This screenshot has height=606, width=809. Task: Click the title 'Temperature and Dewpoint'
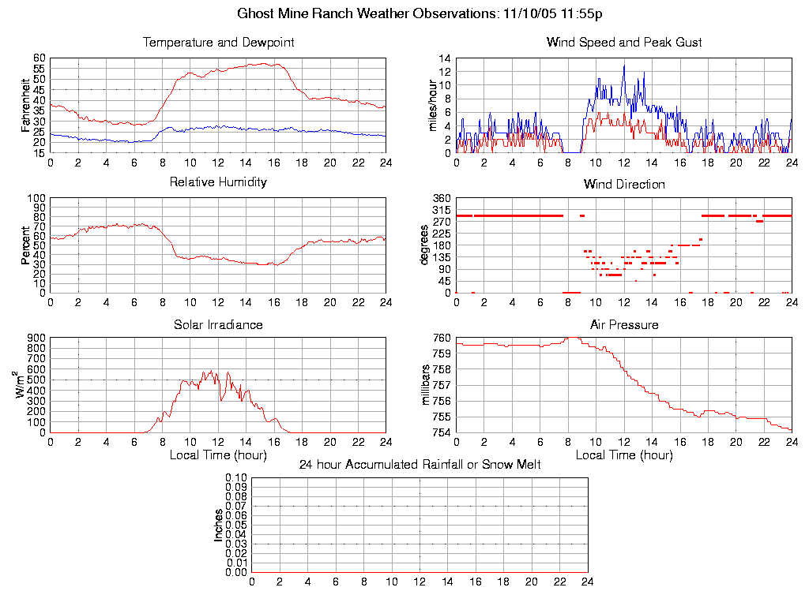pos(218,43)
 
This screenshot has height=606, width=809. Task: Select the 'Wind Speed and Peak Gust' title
pos(624,43)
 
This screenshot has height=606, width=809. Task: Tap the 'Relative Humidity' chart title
pos(218,182)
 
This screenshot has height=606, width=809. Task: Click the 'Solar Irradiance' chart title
pos(218,324)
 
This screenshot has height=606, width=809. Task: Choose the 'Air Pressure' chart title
pos(624,324)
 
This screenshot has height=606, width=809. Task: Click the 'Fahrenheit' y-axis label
pos(25,106)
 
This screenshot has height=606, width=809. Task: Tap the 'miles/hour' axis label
pos(431,106)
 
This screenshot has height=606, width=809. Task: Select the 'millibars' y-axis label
pos(427,385)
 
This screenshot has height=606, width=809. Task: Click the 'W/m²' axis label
pos(23,385)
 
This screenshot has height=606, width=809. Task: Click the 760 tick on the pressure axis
pos(442,338)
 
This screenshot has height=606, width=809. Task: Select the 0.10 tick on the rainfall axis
pos(236,478)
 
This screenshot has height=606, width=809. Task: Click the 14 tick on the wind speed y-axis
pos(446,58)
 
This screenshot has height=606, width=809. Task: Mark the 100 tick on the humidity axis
pos(36,198)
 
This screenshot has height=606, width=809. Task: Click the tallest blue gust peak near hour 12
pos(624,65)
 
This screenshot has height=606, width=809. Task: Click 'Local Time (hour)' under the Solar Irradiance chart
pos(218,454)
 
